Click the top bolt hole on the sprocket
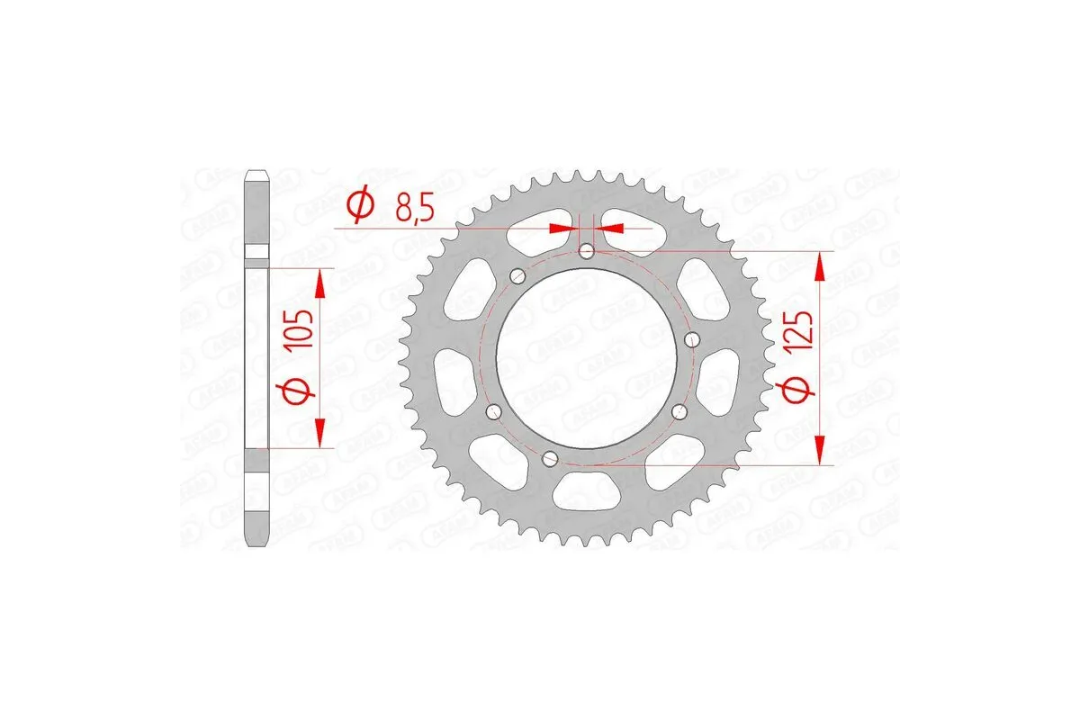coord(587,251)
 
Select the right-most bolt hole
coord(691,339)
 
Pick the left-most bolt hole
coord(491,411)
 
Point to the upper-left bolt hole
coord(517,275)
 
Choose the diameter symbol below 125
coord(804,390)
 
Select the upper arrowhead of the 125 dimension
coord(819,265)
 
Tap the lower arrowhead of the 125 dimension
coord(819,450)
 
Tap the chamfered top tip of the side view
coord(257,172)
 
